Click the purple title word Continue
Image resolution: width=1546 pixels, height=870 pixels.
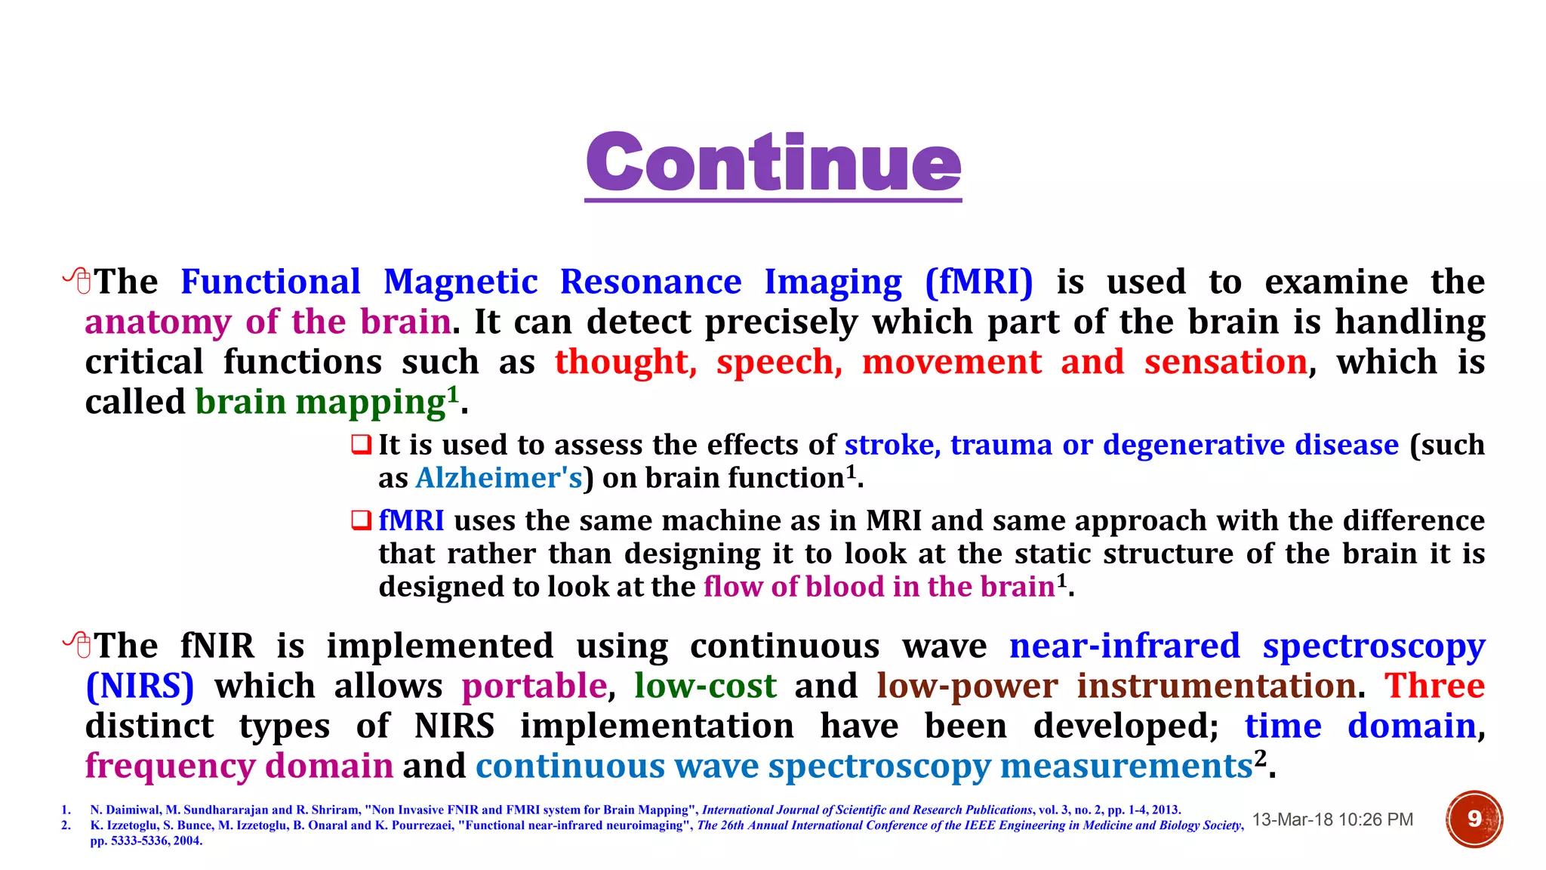pos(773,162)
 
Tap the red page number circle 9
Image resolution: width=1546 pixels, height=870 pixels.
pos(1474,819)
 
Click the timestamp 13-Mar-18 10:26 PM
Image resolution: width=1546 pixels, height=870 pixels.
pos(1332,819)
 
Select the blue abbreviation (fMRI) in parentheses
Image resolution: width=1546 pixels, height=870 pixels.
pos(979,282)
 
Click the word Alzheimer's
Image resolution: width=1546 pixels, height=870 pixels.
pos(499,478)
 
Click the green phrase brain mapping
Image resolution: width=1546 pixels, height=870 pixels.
pos(320,403)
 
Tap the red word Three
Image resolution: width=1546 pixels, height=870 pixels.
pos(1434,686)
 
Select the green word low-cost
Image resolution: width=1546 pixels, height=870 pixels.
pos(705,686)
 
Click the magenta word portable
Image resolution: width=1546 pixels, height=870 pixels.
pos(534,686)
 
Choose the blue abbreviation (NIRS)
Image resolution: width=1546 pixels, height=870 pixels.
pos(140,686)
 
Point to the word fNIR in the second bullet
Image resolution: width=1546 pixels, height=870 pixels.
pos(217,646)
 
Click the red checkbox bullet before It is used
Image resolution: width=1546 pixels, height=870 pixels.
pos(362,444)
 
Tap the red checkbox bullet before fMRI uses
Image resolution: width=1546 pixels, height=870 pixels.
pos(362,520)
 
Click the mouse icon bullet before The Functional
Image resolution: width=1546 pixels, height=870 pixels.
pos(78,282)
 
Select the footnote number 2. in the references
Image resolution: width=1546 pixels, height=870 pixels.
pos(66,825)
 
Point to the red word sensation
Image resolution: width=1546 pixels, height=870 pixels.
pos(1225,362)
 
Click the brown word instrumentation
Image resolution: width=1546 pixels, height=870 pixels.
pos(1216,686)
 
